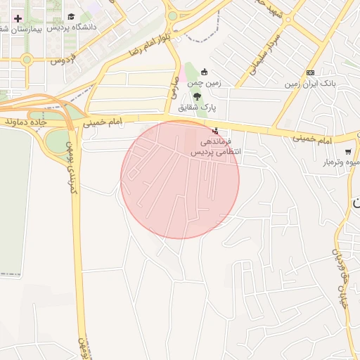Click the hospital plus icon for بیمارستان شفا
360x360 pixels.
tap(18, 17)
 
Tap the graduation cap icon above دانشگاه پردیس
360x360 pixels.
tap(70, 15)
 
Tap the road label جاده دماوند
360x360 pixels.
tap(26, 122)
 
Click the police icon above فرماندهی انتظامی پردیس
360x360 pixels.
tap(215, 131)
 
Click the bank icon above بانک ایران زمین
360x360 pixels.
tap(310, 72)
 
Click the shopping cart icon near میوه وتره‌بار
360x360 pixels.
tap(347, 152)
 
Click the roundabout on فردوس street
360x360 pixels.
tap(27, 60)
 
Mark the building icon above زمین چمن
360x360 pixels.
tap(204, 71)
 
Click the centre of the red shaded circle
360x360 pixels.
tap(180, 179)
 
